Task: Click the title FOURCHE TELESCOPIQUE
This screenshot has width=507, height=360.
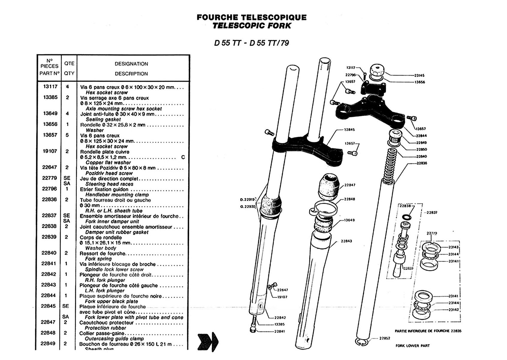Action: (x=251, y=17)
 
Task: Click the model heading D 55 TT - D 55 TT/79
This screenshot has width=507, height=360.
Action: (x=251, y=43)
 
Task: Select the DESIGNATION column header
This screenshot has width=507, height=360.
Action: (x=131, y=64)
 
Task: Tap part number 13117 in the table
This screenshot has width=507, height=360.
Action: (x=50, y=87)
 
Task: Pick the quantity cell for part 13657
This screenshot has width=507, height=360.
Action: (x=67, y=135)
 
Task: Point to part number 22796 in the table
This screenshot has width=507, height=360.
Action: (x=49, y=189)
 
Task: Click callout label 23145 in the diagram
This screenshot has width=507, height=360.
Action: (x=419, y=76)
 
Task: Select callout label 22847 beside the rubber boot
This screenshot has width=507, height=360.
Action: (x=350, y=185)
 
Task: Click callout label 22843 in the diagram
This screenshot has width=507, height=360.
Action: (x=346, y=241)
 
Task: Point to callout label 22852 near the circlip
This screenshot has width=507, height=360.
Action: (x=385, y=338)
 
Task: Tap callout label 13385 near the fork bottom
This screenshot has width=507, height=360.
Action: (x=279, y=324)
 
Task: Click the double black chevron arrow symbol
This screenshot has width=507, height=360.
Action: (x=208, y=341)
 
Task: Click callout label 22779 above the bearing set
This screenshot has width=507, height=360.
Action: (x=432, y=233)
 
